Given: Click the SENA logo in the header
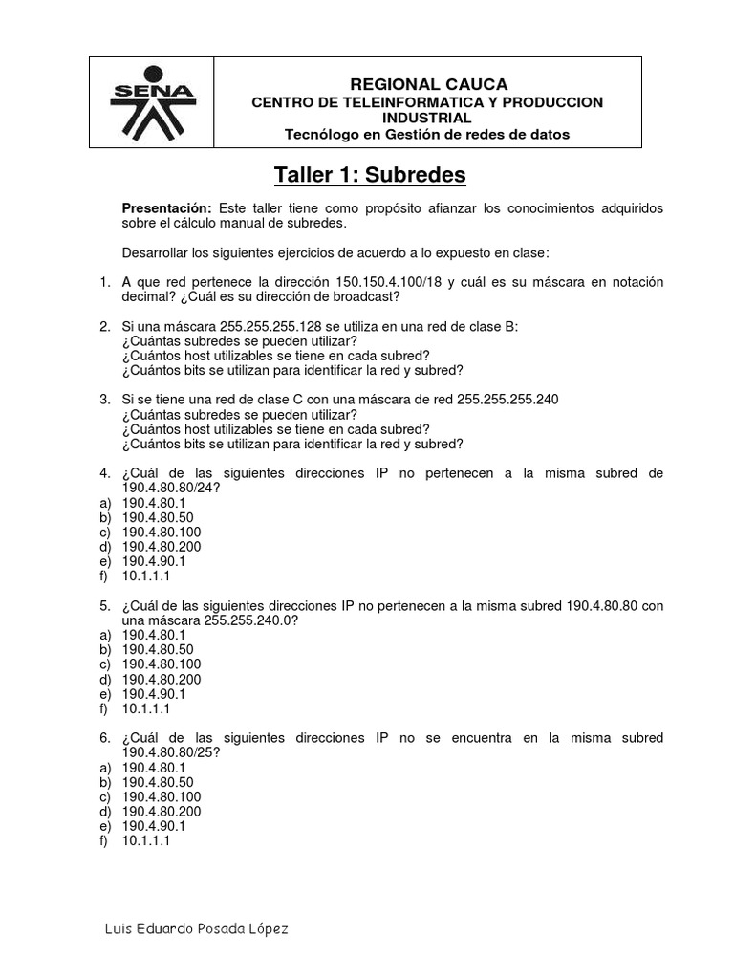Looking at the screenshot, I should [151, 102].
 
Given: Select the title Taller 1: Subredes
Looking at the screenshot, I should [370, 175].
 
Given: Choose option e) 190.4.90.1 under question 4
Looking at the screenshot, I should [154, 561].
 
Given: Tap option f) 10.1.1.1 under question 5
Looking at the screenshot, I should [146, 708].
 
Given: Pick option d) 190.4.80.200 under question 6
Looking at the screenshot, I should [162, 811].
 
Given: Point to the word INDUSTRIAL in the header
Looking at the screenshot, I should [426, 118].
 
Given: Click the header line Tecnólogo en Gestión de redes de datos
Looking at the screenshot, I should [427, 134].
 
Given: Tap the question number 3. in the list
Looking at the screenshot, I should [105, 400].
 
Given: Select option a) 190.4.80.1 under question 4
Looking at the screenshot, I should [154, 502].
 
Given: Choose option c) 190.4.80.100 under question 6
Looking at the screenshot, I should [162, 796].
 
